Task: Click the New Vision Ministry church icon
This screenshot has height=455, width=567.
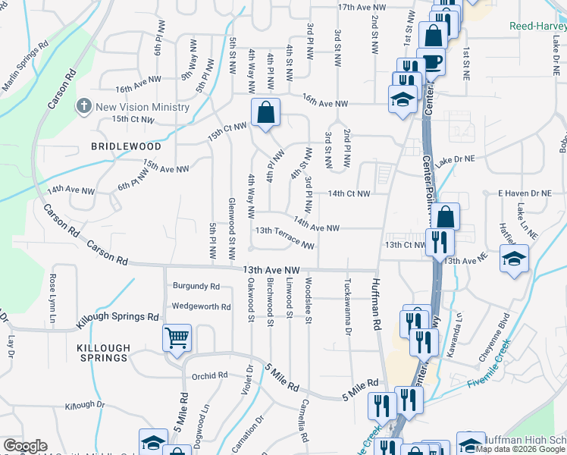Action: (x=85, y=106)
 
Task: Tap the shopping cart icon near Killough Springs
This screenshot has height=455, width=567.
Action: (x=177, y=337)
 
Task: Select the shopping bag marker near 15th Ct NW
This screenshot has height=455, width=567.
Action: (x=266, y=113)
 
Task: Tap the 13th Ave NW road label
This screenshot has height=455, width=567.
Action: (x=272, y=269)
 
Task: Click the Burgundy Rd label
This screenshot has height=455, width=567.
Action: (x=196, y=287)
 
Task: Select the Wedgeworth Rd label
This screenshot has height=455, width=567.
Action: (x=201, y=306)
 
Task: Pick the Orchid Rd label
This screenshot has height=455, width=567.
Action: (x=210, y=375)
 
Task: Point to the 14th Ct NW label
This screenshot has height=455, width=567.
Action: (x=349, y=193)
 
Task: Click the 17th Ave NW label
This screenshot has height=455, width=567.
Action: (x=362, y=7)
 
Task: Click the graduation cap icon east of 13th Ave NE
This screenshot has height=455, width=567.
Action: (x=513, y=260)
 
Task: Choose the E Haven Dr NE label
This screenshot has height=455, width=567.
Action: (x=524, y=193)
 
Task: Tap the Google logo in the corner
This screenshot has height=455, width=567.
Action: (x=25, y=446)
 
